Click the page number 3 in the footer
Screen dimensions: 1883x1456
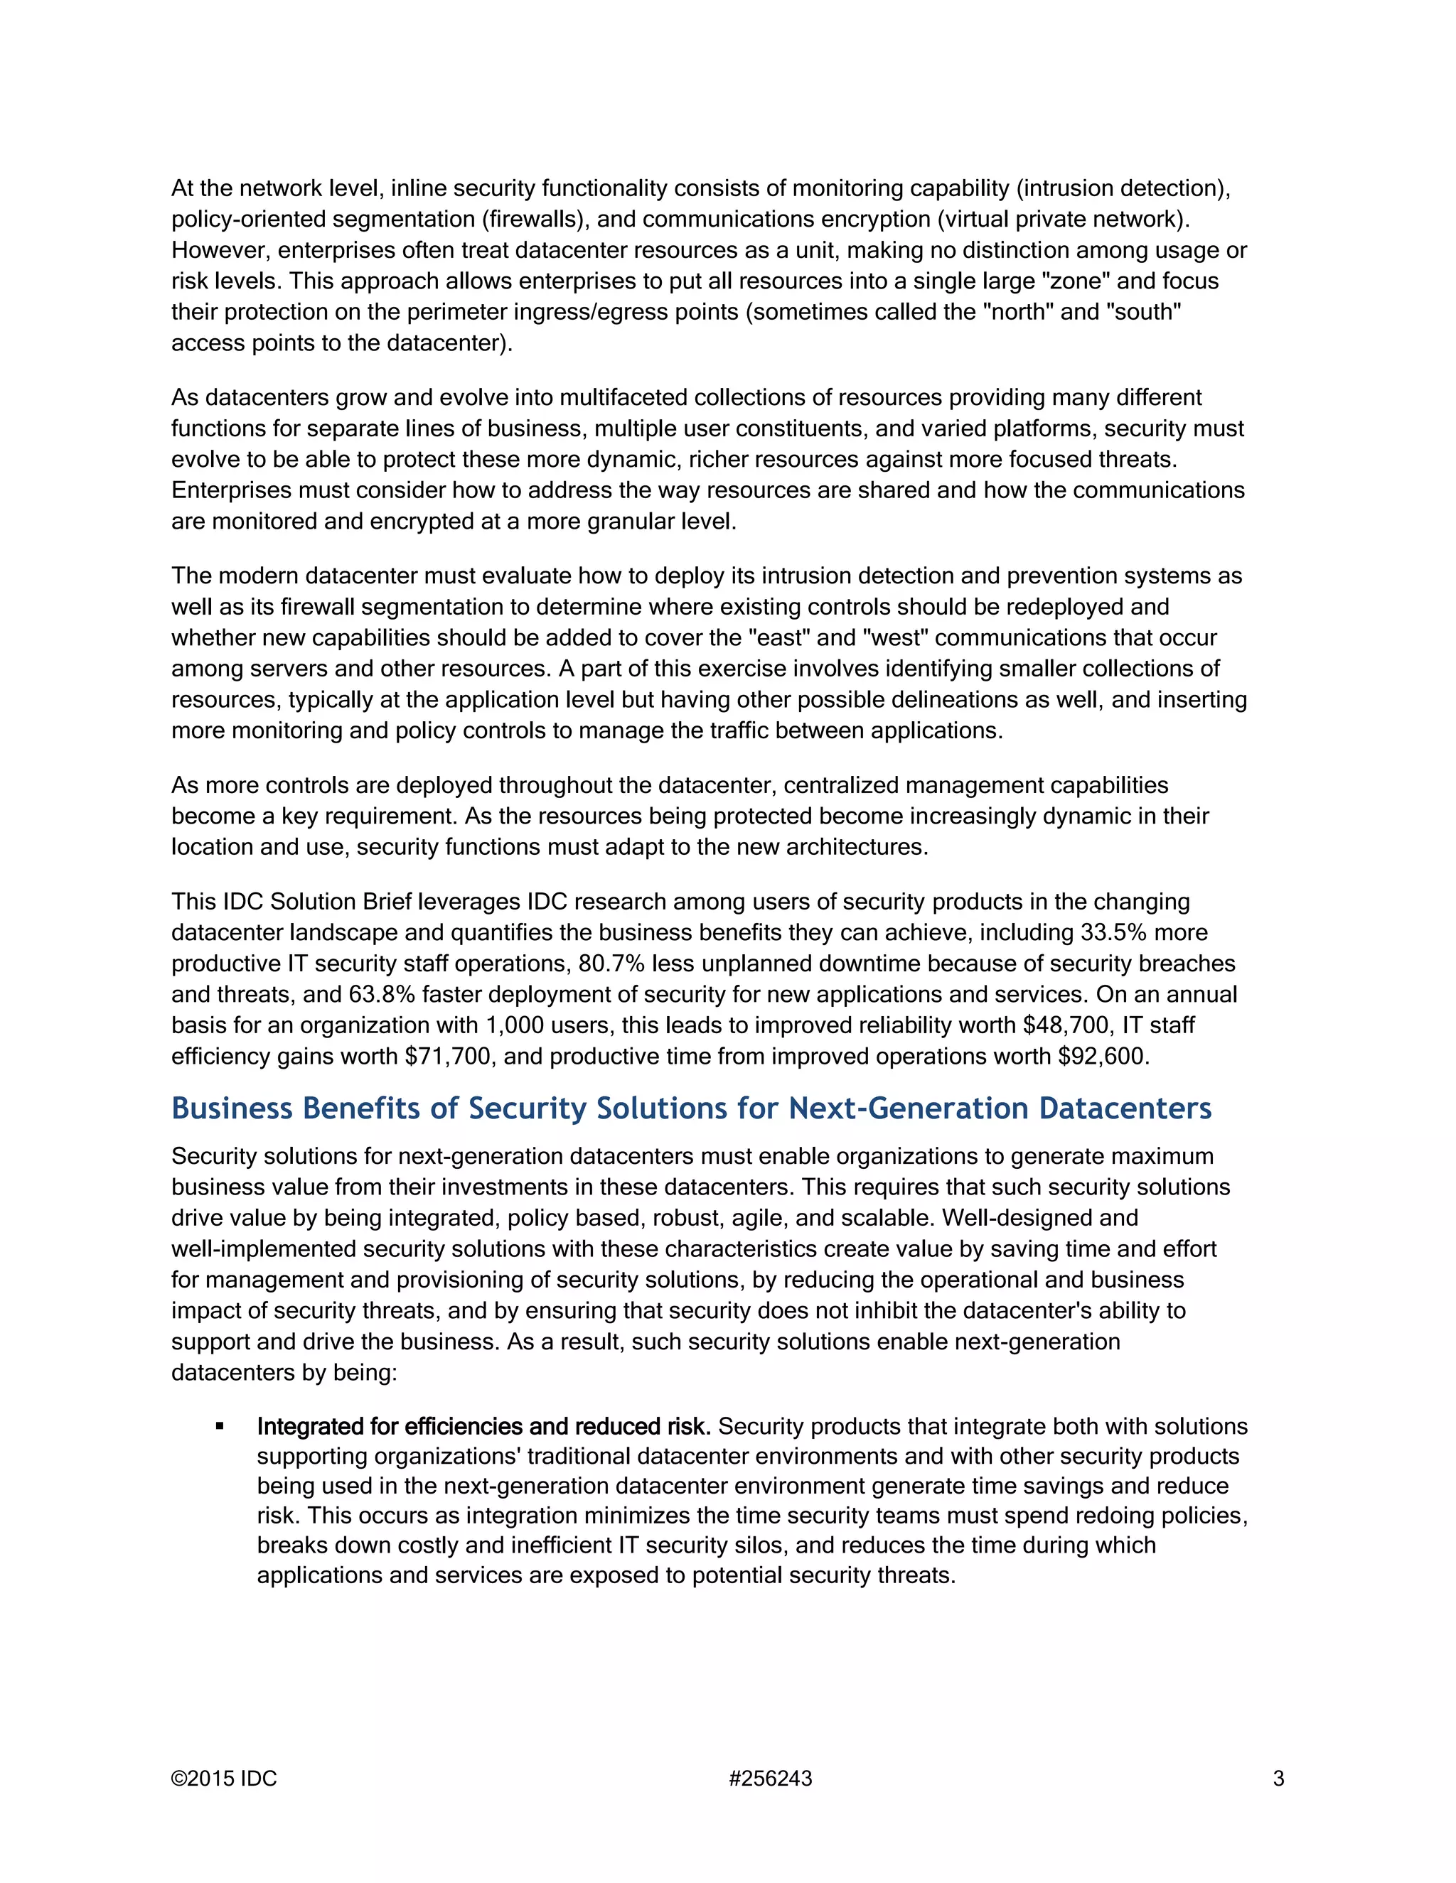(x=1278, y=1778)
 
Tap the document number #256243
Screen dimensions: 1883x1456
(x=770, y=1778)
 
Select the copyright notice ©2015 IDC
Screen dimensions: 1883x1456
(x=224, y=1778)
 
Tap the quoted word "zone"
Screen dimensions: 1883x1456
(x=1071, y=281)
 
